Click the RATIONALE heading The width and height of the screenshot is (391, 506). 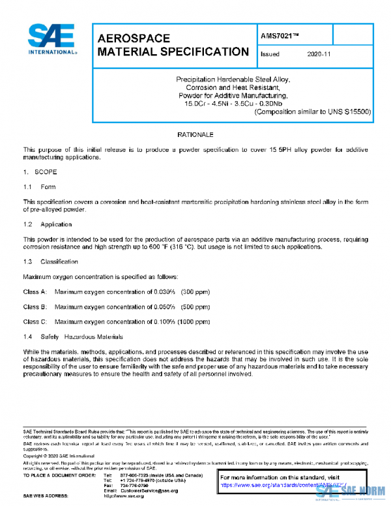coord(195,134)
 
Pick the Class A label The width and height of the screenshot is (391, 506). coord(35,291)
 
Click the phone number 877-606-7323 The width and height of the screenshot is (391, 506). coord(134,475)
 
